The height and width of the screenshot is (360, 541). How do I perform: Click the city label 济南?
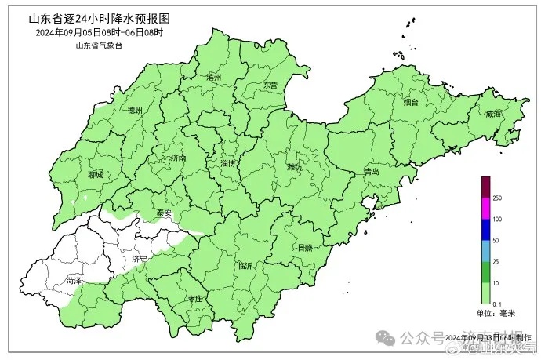[178, 158]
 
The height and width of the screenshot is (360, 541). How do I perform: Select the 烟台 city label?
[411, 102]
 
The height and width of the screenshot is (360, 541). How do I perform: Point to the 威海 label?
[492, 114]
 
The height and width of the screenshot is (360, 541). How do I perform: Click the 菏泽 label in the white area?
[74, 279]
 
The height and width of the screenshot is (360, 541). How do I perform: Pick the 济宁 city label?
[140, 257]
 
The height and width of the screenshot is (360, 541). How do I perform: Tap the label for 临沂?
[245, 266]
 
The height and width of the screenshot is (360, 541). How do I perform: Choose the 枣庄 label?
[194, 299]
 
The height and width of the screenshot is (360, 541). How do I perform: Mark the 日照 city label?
[304, 247]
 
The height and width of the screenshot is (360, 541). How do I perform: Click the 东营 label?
[270, 84]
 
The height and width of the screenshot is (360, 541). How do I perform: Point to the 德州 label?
[135, 111]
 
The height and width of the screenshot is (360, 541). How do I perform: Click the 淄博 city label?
[228, 163]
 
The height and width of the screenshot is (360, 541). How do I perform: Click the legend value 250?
[497, 197]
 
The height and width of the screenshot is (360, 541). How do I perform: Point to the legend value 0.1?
[496, 304]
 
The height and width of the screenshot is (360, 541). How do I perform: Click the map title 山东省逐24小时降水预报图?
[99, 17]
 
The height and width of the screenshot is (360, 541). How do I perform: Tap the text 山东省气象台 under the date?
[99, 45]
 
